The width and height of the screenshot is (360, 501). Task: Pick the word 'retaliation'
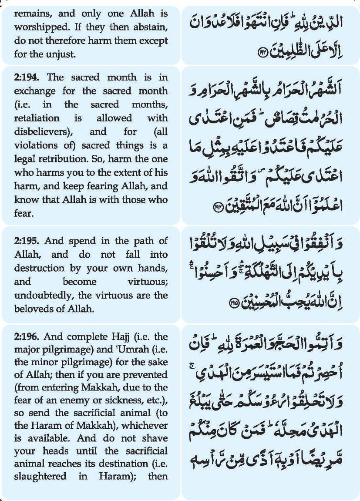(37, 118)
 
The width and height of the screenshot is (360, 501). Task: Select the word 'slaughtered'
(40, 476)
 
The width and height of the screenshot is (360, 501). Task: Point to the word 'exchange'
(35, 91)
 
